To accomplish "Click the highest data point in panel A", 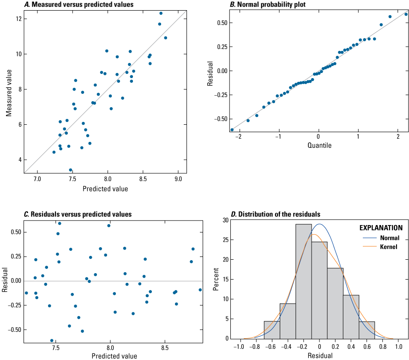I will click(x=161, y=13).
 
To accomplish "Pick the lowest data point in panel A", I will click(x=71, y=170).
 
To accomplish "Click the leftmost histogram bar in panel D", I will click(x=272, y=330).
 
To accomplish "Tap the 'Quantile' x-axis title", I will click(x=318, y=145).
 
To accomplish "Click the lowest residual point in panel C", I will click(x=52, y=341).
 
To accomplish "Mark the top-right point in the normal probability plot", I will click(x=406, y=14).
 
